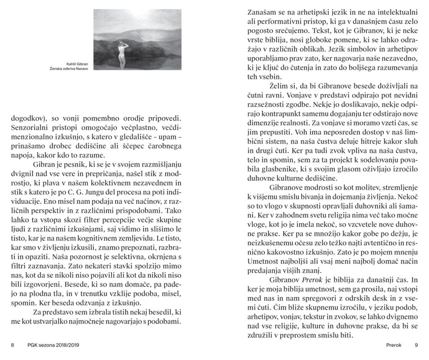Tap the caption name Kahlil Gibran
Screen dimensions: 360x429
(78, 64)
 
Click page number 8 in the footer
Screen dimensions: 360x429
(13, 345)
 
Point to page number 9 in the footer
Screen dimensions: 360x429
(416, 345)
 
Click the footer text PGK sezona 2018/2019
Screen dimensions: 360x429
(53, 345)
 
